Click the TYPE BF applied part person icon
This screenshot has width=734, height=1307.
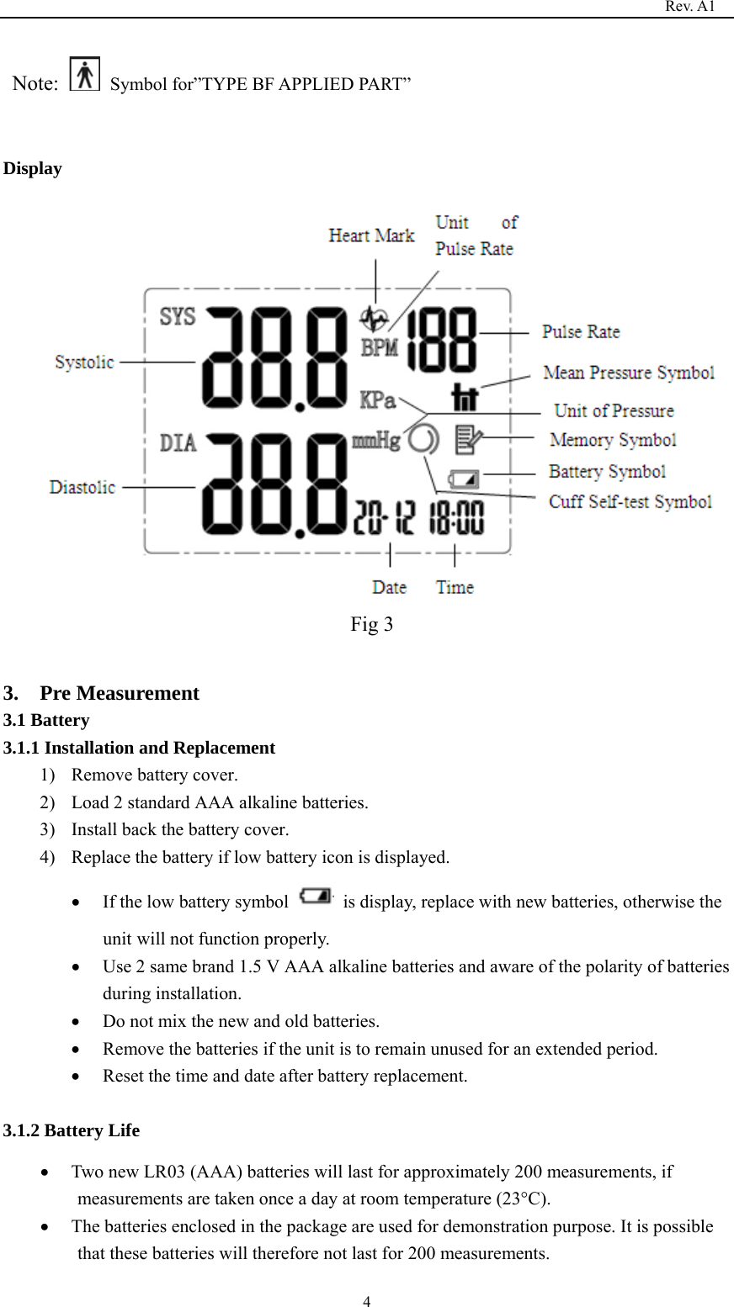click(84, 74)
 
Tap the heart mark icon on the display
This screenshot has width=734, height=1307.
click(375, 319)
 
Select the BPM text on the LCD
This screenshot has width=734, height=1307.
click(380, 346)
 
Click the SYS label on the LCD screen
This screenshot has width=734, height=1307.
click(178, 316)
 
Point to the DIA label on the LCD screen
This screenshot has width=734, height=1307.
click(178, 442)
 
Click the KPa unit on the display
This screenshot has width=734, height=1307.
click(378, 400)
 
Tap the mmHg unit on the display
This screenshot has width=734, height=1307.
click(375, 440)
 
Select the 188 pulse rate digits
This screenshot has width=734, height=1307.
click(443, 339)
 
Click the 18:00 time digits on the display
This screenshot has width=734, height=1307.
click(456, 518)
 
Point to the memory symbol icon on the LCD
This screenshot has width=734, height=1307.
click(468, 439)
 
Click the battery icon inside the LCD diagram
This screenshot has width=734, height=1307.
click(464, 479)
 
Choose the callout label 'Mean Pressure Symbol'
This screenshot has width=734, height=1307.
click(629, 373)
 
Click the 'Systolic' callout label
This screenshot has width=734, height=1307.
click(84, 362)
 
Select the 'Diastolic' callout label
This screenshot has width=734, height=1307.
click(82, 487)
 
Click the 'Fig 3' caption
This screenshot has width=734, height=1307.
click(371, 624)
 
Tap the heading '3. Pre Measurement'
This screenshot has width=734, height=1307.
click(101, 693)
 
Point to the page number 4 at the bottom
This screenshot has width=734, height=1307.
click(367, 1302)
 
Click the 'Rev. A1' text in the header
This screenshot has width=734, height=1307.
click(689, 7)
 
